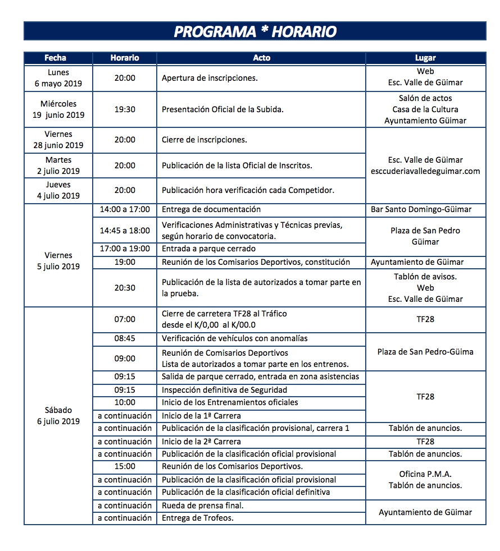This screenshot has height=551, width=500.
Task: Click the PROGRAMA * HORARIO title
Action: [x=254, y=31]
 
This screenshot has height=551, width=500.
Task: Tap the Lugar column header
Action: [x=425, y=58]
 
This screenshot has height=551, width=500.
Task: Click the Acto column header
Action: [x=261, y=58]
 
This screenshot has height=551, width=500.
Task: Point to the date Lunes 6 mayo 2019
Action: [x=58, y=78]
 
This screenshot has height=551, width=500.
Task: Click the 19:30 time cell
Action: [x=125, y=109]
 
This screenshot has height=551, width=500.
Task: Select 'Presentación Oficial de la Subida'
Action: [x=222, y=109]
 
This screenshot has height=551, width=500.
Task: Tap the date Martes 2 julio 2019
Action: [x=58, y=166]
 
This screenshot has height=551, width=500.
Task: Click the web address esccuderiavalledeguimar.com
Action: [x=425, y=171]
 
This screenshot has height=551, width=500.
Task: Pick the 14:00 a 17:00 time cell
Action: [x=125, y=209]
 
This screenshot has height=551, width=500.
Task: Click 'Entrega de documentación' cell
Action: [x=211, y=209]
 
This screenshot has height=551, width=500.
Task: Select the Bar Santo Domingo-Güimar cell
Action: [x=425, y=209]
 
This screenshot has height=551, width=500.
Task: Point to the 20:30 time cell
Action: [x=125, y=288]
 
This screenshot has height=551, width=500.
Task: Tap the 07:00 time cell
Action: [x=125, y=319]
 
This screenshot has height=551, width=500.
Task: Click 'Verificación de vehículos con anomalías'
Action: [x=234, y=338]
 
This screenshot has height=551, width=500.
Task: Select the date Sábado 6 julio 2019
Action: [x=58, y=416]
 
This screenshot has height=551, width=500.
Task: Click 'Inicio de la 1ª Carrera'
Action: [x=201, y=416]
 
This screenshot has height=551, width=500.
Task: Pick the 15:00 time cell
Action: [x=125, y=466]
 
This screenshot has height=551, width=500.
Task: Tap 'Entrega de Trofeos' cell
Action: [x=198, y=518]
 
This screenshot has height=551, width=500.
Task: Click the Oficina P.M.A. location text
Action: [x=425, y=474]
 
